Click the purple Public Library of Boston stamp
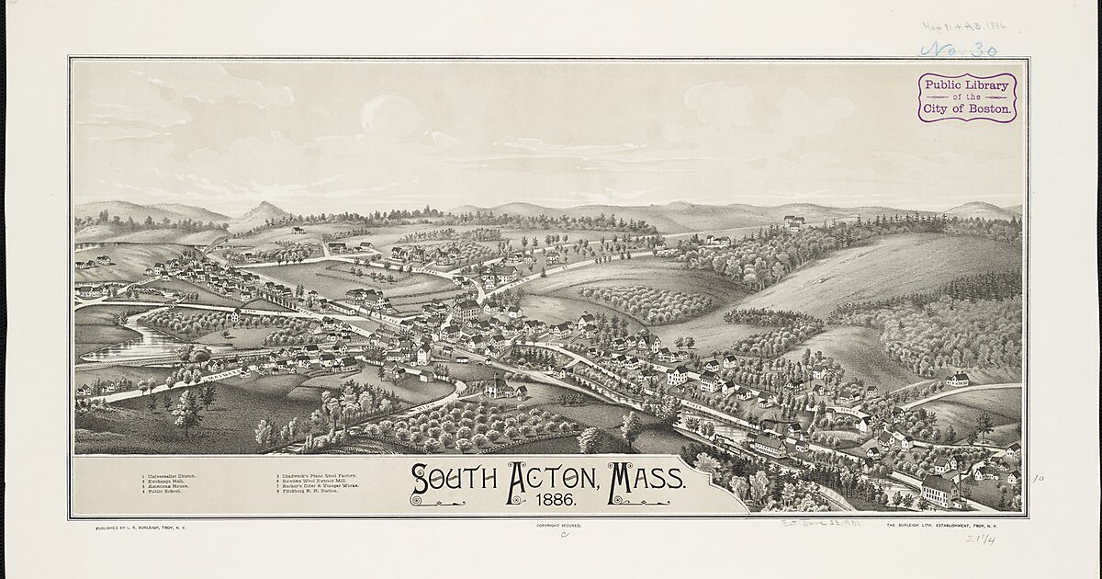(x=967, y=97)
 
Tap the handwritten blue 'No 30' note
(x=959, y=49)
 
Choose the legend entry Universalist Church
(x=170, y=475)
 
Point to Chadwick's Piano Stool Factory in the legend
(x=317, y=475)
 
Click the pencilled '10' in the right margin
(x=1039, y=479)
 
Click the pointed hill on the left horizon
(x=264, y=211)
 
